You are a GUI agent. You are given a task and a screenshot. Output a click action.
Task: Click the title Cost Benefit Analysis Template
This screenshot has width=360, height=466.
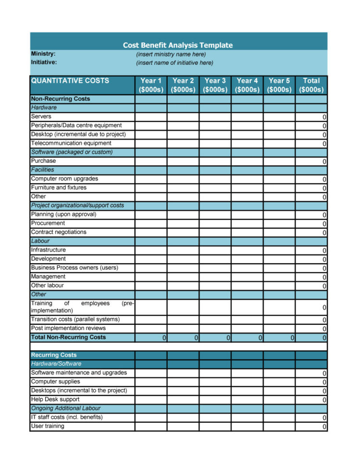click(x=177, y=45)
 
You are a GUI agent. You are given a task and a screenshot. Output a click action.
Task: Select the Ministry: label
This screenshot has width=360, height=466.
click(x=43, y=54)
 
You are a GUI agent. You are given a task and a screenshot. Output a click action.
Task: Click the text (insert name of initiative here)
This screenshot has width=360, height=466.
click(x=174, y=63)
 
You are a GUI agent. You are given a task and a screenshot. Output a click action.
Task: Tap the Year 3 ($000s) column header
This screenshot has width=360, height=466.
click(x=215, y=85)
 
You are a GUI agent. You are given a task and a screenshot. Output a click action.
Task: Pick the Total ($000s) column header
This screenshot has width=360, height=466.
click(x=311, y=85)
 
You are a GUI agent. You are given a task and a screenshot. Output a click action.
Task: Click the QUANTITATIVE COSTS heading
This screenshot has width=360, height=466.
click(x=70, y=81)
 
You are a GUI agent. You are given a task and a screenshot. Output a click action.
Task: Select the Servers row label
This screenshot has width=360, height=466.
click(x=41, y=117)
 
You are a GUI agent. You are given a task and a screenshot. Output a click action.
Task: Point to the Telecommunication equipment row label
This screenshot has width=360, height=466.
click(x=71, y=143)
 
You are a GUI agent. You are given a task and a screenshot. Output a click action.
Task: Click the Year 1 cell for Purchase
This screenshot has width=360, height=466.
click(x=151, y=161)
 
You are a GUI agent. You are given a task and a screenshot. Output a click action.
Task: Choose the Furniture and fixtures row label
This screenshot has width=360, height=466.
click(x=59, y=188)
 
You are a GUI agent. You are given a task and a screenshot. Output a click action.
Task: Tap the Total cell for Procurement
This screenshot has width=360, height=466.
click(x=311, y=223)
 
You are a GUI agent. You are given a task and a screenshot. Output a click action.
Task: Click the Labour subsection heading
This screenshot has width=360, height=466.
click(x=40, y=241)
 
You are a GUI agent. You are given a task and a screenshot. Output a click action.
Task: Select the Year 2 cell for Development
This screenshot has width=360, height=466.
click(x=183, y=259)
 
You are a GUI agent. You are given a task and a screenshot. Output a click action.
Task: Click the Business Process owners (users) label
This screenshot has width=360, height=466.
click(x=74, y=268)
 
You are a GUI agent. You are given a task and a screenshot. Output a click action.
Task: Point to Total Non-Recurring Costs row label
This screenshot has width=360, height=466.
click(x=68, y=337)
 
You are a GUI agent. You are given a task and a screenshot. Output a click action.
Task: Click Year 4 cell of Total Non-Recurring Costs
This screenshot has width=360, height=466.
click(x=247, y=338)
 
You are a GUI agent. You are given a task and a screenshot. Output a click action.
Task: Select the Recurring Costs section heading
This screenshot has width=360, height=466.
click(x=54, y=355)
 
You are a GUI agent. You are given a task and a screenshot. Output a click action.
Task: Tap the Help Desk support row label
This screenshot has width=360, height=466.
click(x=55, y=400)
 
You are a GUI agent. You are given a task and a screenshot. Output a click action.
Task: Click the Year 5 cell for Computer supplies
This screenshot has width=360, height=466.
click(x=279, y=382)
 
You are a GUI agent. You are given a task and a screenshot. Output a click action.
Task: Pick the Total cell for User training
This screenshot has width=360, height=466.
click(x=311, y=427)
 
